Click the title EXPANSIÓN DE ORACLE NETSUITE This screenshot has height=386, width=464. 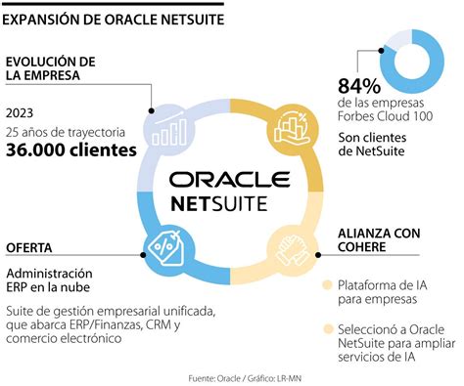coord(116,17)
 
